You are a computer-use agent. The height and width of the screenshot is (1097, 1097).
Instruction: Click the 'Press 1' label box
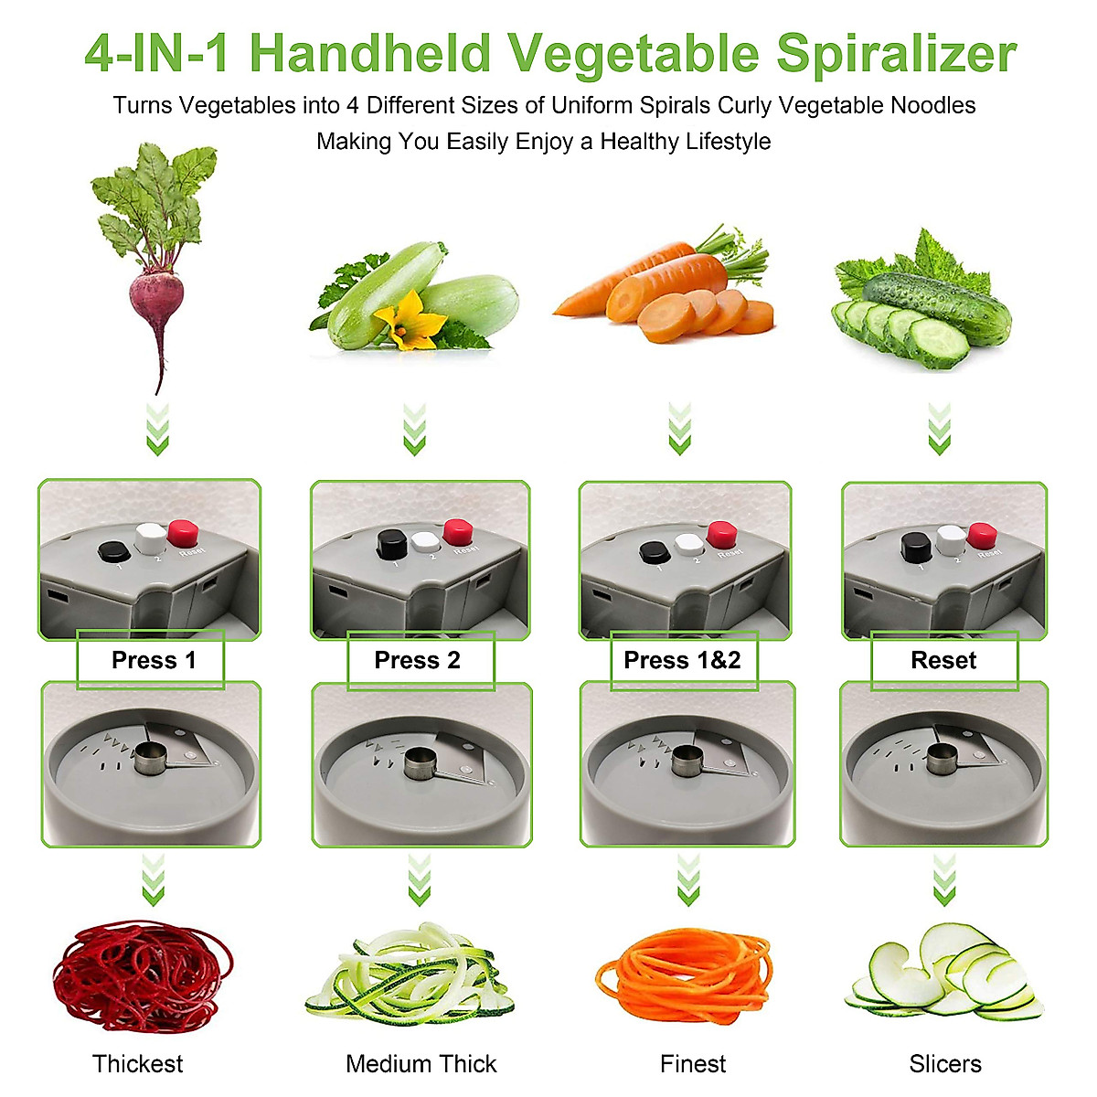152,660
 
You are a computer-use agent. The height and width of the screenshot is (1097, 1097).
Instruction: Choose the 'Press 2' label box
420,660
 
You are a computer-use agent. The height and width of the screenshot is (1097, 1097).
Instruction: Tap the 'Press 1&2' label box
683,660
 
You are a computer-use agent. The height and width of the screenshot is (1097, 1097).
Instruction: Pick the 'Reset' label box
943,660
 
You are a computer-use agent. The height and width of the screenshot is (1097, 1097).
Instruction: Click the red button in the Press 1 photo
184,532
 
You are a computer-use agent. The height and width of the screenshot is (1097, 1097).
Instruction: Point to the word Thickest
137,1064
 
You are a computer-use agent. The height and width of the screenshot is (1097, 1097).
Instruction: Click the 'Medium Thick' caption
421,1064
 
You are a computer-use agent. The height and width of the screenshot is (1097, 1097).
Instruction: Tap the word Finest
693,1064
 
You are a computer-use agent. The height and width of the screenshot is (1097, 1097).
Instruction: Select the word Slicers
945,1064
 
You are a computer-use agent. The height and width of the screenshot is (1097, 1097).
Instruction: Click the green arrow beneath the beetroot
158,430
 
